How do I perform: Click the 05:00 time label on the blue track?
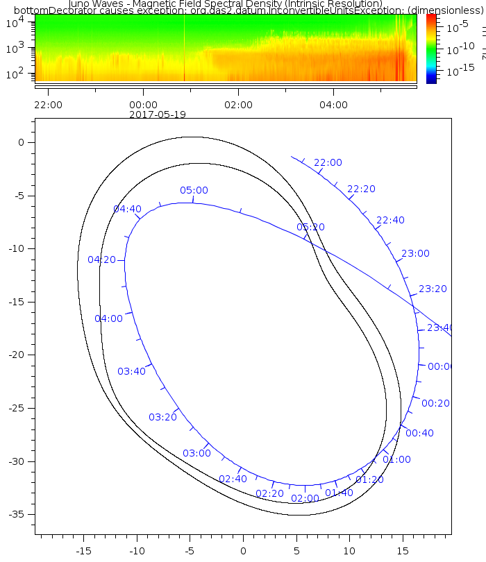(x=194, y=190)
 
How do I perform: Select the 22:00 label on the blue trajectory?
(x=328, y=163)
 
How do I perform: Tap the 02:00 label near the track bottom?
(x=305, y=498)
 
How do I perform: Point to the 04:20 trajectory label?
(x=101, y=260)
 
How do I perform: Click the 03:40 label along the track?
(x=131, y=371)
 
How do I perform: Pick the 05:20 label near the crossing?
(x=310, y=227)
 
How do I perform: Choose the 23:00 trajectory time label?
(x=415, y=254)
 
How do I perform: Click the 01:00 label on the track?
(x=396, y=459)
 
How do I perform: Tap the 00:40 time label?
(x=419, y=433)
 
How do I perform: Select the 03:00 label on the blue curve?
(x=196, y=453)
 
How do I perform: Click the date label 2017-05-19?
(x=158, y=114)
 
